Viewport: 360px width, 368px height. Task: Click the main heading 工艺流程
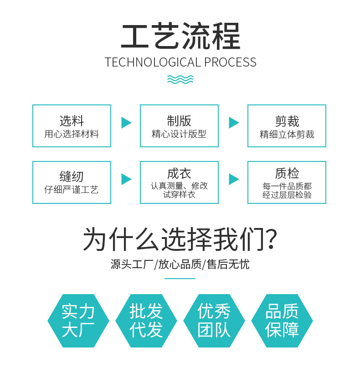(x=180, y=36)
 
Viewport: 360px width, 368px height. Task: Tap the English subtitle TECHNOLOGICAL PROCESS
(x=180, y=62)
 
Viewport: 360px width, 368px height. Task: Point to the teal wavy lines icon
(x=180, y=79)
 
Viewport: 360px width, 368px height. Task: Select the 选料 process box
(x=72, y=126)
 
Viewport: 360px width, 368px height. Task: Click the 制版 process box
(x=179, y=126)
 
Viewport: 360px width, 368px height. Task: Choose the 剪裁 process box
(x=287, y=126)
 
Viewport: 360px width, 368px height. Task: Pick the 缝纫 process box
(x=72, y=182)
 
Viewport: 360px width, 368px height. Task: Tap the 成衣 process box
(x=179, y=182)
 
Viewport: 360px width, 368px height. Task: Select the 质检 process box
(x=287, y=182)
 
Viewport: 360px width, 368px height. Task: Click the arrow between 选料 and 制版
(x=126, y=123)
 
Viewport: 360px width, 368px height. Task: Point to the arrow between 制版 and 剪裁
(x=233, y=123)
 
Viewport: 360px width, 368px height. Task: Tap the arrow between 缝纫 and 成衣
(x=126, y=179)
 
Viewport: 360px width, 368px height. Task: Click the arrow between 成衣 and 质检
(x=233, y=179)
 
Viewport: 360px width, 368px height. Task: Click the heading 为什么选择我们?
(x=180, y=239)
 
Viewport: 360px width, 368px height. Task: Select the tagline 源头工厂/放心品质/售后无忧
(x=180, y=264)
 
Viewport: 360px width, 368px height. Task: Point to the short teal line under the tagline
(x=180, y=278)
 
